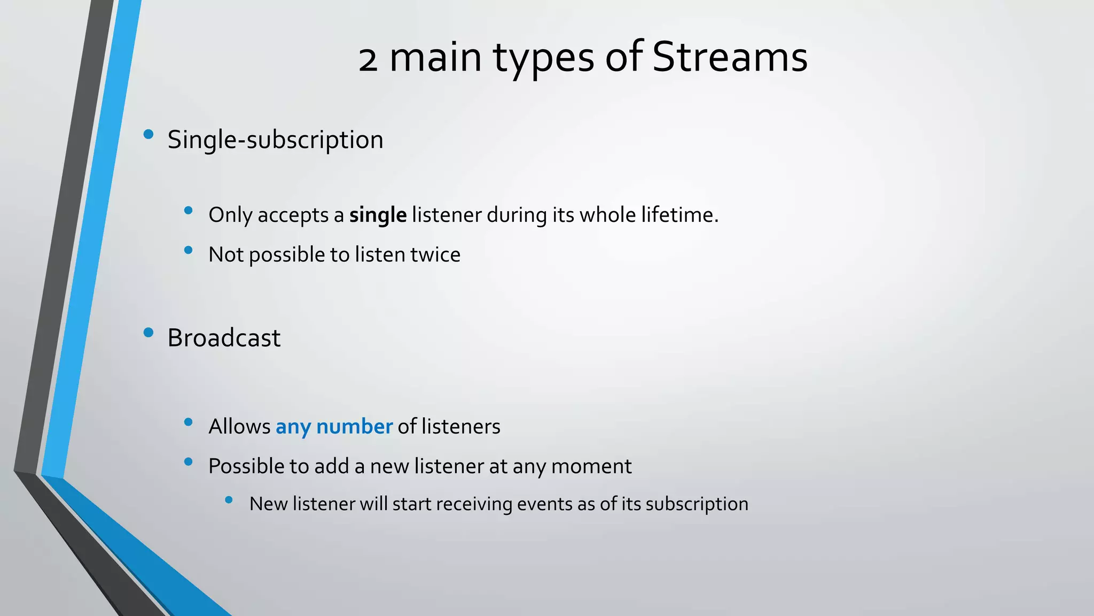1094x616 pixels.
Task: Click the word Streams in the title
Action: pyautogui.click(x=729, y=57)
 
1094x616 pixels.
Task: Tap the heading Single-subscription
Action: pyautogui.click(x=275, y=140)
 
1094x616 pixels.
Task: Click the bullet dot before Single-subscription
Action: pyautogui.click(x=149, y=134)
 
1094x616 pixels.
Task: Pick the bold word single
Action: pyautogui.click(x=378, y=215)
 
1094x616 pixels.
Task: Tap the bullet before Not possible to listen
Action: pyautogui.click(x=188, y=250)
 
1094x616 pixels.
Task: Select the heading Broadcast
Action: pyautogui.click(x=224, y=338)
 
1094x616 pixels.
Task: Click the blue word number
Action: pyautogui.click(x=354, y=427)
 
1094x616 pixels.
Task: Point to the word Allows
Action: pyautogui.click(x=239, y=427)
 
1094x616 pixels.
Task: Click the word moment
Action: pyautogui.click(x=591, y=466)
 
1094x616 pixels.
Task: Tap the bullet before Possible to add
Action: pyautogui.click(x=188, y=461)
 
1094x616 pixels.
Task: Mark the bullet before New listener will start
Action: pyautogui.click(x=229, y=500)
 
